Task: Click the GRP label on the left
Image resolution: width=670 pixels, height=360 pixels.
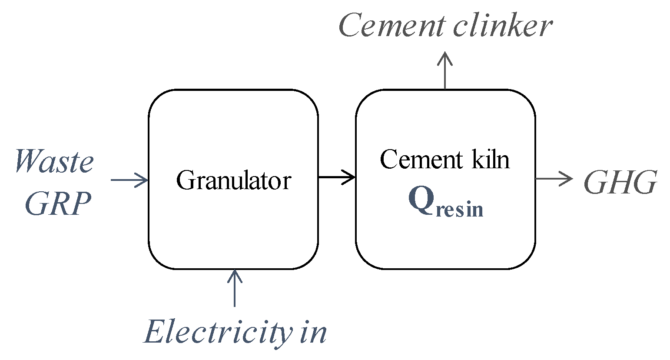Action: pyautogui.click(x=58, y=203)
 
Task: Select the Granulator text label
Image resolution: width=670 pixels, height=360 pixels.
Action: pyautogui.click(x=233, y=180)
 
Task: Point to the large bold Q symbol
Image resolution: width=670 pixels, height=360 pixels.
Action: pyautogui.click(x=421, y=201)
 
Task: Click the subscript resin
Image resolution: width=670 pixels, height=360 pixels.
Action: pyautogui.click(x=459, y=210)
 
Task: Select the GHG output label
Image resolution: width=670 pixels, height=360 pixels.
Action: pyautogui.click(x=620, y=183)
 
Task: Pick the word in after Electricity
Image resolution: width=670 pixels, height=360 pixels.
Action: pyautogui.click(x=313, y=333)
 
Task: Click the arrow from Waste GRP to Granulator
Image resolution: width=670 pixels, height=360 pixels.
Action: pyautogui.click(x=129, y=180)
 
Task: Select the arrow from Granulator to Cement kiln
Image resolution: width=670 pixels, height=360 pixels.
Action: pyautogui.click(x=337, y=177)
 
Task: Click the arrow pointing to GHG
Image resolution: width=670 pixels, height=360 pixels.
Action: pyautogui.click(x=554, y=178)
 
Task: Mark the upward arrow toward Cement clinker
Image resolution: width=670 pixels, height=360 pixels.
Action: pyautogui.click(x=444, y=70)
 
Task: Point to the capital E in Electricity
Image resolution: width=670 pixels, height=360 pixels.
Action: pyautogui.click(x=156, y=333)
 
